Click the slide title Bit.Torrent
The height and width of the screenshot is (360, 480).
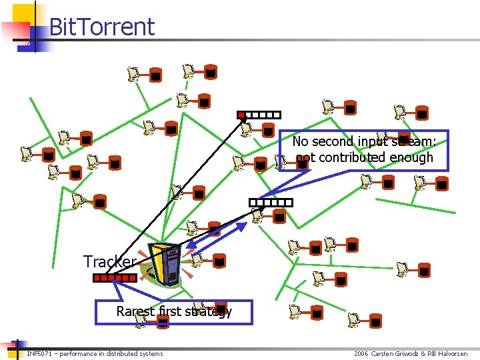point(101,27)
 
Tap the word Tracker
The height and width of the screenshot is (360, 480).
point(110,262)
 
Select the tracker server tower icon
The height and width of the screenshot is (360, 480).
point(165,264)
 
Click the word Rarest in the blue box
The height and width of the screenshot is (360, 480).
point(134,311)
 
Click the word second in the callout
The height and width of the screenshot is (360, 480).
point(334,141)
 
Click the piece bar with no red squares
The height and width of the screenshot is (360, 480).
point(271,202)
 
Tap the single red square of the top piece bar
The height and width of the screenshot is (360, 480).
point(241,115)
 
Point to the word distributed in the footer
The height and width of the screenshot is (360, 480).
point(125,353)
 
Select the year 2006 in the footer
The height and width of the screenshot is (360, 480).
point(361,353)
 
